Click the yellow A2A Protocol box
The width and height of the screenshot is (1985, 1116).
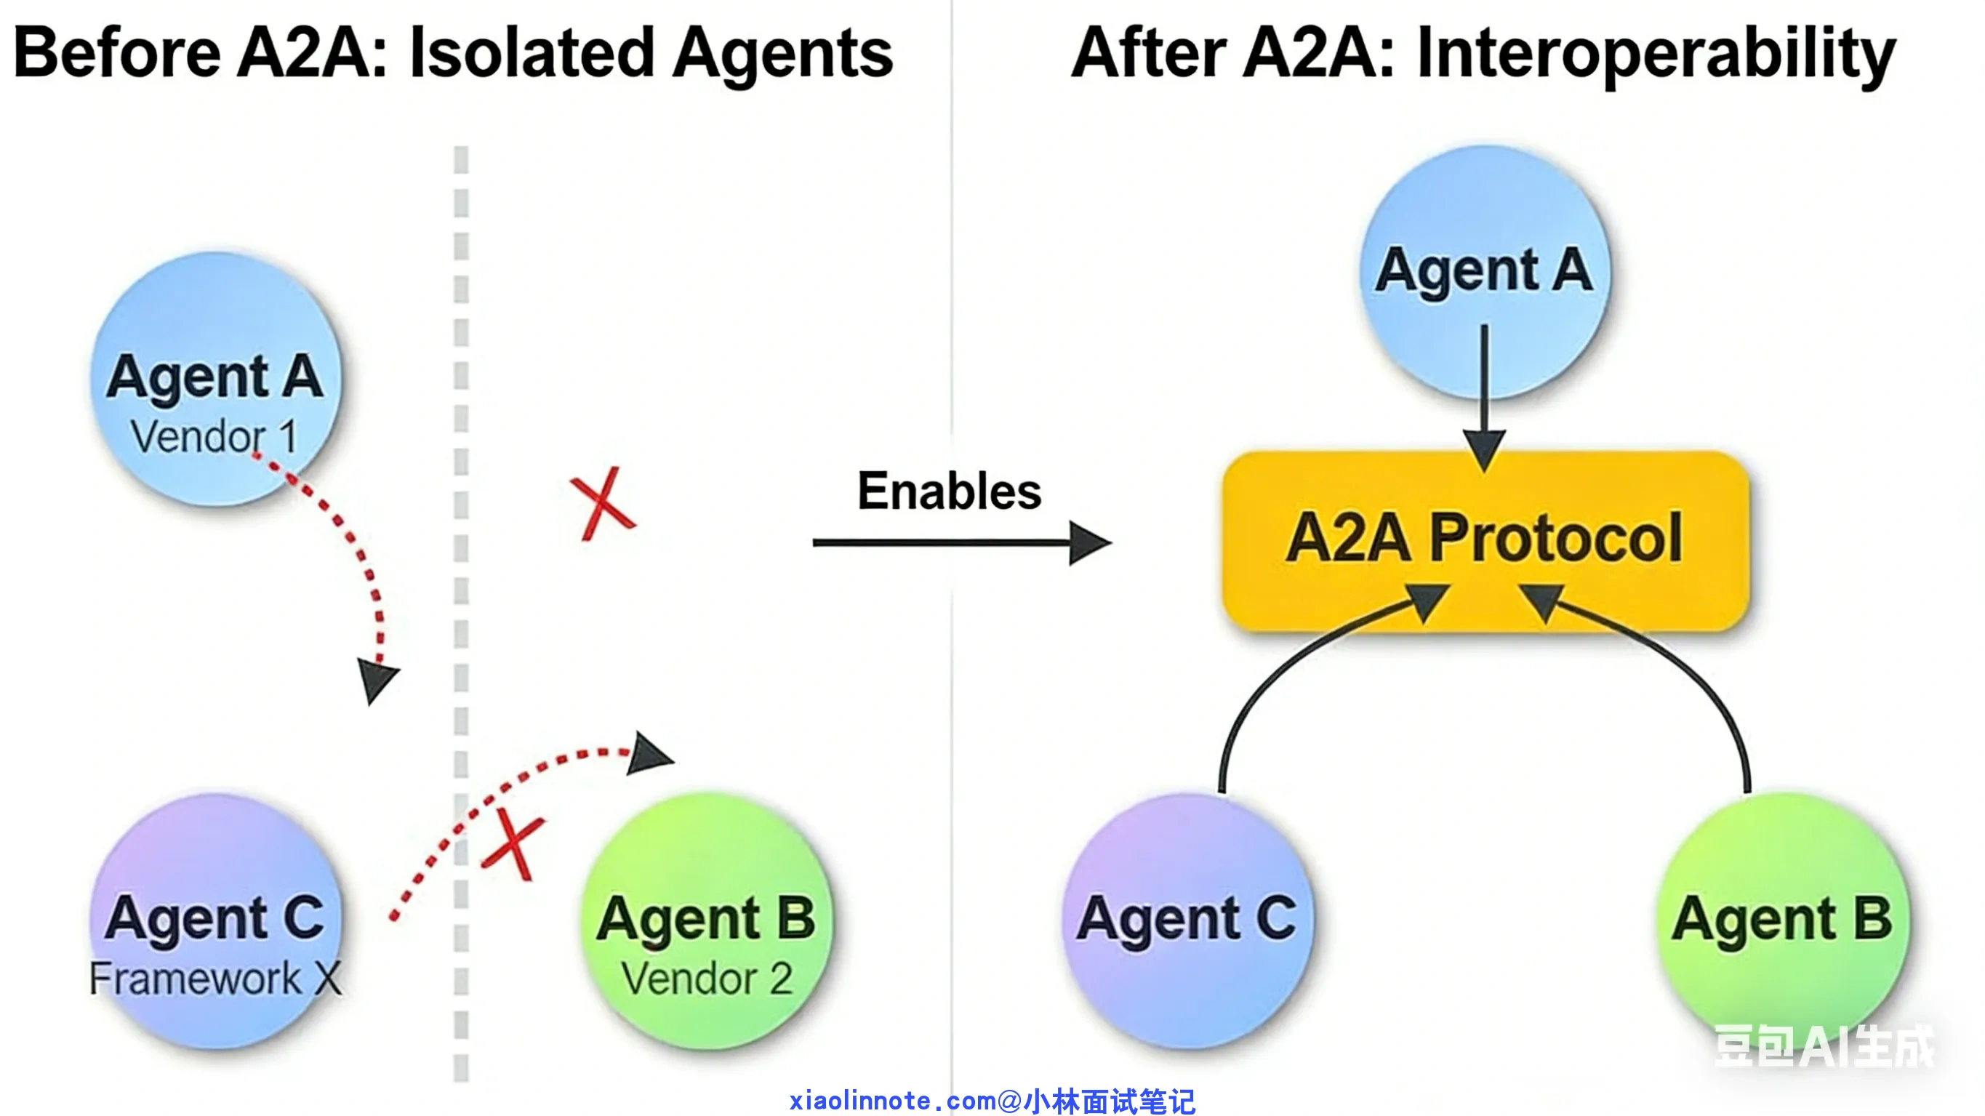1485,541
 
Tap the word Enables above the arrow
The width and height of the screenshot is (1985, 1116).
950,491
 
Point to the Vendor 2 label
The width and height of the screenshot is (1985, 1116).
707,978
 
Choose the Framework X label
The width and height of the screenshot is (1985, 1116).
215,978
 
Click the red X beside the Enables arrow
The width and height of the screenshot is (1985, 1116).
603,503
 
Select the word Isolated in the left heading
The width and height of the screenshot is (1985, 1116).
532,52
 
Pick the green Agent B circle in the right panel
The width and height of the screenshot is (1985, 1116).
1783,920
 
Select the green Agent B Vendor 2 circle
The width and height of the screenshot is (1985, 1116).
707,921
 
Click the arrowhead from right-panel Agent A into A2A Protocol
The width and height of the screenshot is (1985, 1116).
1484,451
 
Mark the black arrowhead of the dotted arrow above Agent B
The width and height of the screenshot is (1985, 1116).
649,753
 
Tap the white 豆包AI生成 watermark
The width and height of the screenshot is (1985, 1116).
1823,1047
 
